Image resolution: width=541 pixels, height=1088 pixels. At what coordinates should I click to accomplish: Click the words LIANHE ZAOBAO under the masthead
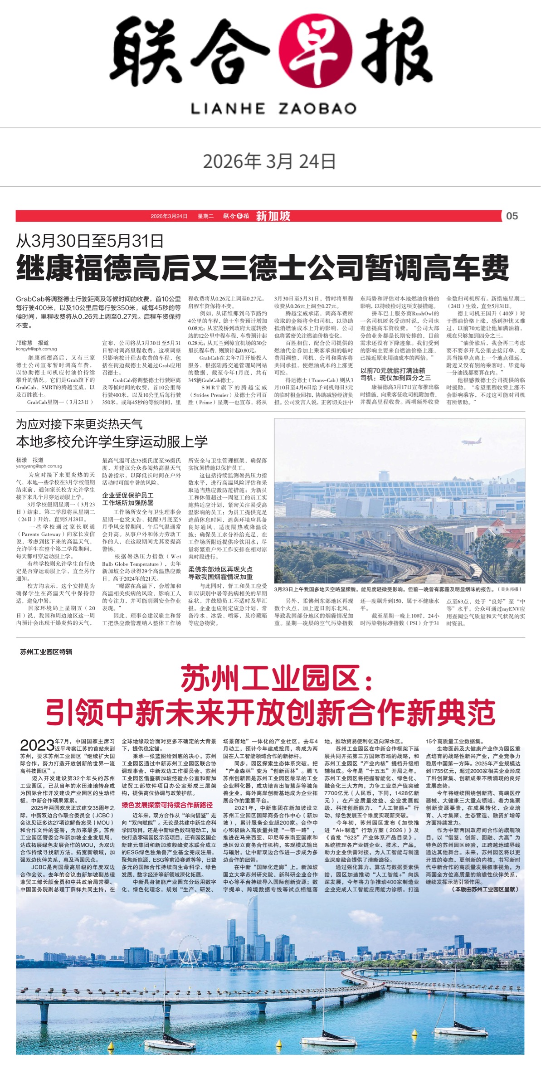pos(273,108)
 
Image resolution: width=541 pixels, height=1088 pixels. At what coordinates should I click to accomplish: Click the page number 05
pos(512,216)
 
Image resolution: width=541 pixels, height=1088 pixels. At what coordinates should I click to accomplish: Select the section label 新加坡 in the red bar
pos(273,216)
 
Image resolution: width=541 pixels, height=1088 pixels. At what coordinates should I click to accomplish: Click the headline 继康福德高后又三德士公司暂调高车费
pos(262,268)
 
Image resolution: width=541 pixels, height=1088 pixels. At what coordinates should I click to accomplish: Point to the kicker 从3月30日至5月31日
pos(90,241)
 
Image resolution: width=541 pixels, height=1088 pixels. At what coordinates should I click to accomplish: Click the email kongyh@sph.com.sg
pos(36,349)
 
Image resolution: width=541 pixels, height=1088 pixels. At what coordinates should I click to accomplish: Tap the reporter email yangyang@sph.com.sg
pos(39,466)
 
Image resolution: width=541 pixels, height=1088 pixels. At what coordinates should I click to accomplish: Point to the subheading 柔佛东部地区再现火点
pos(220,569)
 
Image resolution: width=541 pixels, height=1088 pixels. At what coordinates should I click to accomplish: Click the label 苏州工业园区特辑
pos(46,651)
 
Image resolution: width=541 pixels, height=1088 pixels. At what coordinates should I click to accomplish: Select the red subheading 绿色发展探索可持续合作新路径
pos(167,805)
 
